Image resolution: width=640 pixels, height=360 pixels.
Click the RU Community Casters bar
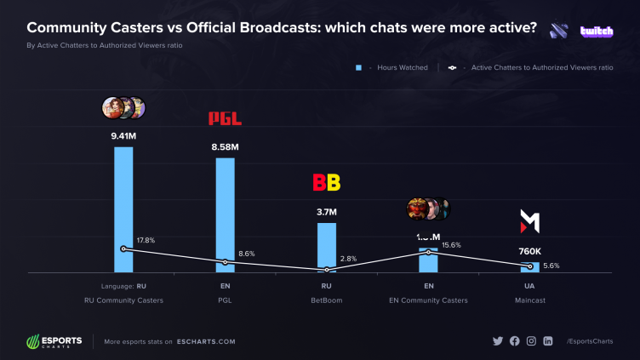click(123, 209)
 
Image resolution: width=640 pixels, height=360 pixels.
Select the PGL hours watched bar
click(225, 213)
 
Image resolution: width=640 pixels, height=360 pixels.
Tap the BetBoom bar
click(327, 247)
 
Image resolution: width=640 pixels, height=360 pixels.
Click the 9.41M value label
click(123, 134)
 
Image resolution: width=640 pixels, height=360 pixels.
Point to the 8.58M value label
click(225, 146)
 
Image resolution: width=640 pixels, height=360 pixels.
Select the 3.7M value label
click(327, 211)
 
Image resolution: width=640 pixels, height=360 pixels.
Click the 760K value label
click(529, 251)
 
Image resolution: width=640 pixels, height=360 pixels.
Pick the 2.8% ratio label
click(347, 258)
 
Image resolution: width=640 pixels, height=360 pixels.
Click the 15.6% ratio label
click(451, 245)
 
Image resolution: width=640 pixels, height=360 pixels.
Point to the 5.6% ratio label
click(551, 266)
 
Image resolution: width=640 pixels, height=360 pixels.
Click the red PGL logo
click(225, 119)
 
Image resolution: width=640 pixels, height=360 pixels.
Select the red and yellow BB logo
click(327, 182)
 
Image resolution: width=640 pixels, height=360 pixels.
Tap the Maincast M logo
click(529, 222)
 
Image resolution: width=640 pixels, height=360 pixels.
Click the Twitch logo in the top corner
click(597, 31)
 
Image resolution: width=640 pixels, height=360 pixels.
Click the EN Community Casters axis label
click(429, 300)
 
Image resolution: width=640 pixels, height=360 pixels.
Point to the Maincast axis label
click(529, 300)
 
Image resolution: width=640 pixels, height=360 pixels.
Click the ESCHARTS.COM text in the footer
click(206, 341)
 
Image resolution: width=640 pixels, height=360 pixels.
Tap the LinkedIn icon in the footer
click(547, 341)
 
